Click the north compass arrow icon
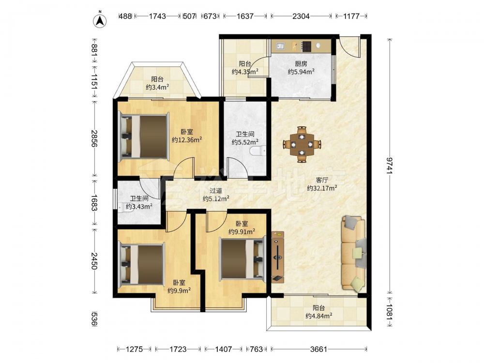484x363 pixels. tap(100, 20)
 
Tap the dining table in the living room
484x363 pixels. tap(302, 144)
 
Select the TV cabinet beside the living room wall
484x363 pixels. tap(277, 257)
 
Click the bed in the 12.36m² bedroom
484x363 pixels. tap(144, 137)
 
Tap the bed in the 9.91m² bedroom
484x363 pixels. tap(243, 258)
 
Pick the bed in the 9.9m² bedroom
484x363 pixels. tap(142, 264)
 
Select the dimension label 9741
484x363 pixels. tap(390, 166)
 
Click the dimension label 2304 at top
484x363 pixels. tap(301, 16)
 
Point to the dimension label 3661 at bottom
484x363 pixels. tap(318, 349)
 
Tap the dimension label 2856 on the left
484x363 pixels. tap(94, 138)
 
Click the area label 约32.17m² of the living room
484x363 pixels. tap(322, 188)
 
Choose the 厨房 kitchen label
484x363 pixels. tap(301, 64)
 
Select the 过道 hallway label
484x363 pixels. tap(216, 191)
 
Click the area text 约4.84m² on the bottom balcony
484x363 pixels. tap(319, 316)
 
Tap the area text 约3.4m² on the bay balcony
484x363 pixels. tap(157, 87)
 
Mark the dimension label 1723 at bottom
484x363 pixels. tap(178, 349)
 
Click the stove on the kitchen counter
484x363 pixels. tap(306, 46)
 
